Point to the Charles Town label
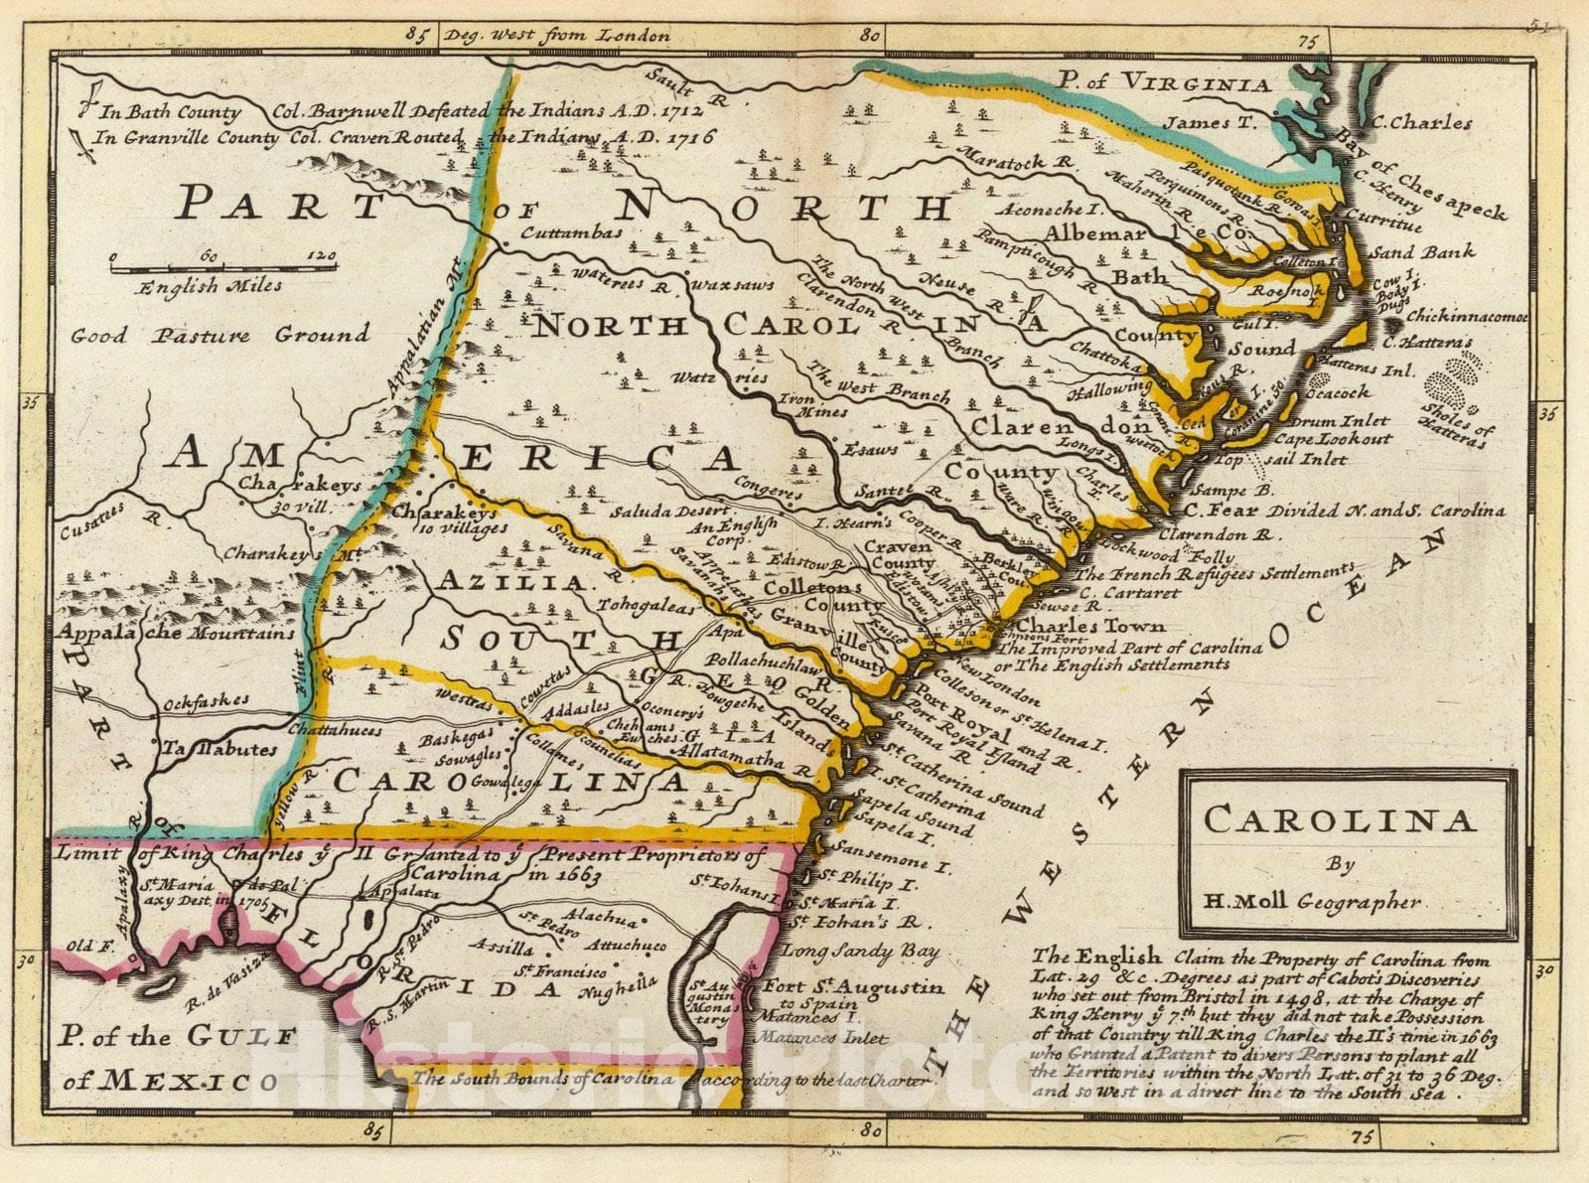(x=1090, y=627)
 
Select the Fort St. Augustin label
(x=853, y=987)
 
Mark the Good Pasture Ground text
(x=219, y=335)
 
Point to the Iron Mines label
(x=812, y=404)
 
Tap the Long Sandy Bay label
(x=860, y=952)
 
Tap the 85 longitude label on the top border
(x=418, y=35)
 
